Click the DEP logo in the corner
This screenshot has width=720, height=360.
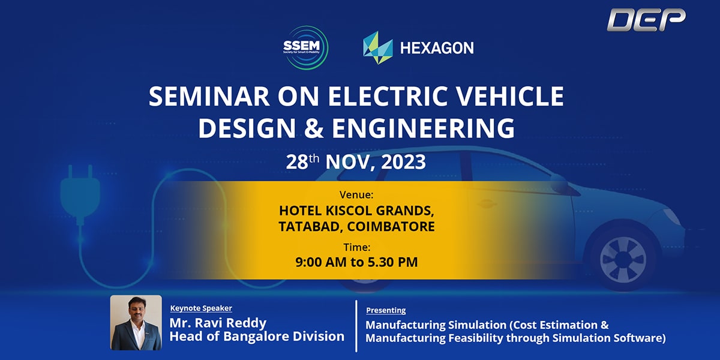(646, 20)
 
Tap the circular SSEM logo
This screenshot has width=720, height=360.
(305, 47)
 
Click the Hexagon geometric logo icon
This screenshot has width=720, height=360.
(377, 47)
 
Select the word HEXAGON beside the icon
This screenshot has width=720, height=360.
(437, 48)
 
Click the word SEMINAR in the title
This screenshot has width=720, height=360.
(209, 96)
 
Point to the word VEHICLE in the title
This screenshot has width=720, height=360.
(511, 96)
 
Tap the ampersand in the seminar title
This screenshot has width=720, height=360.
(314, 128)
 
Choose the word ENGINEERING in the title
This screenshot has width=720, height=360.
(424, 128)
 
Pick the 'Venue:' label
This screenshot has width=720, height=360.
(356, 194)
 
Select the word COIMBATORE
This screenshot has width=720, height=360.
(391, 226)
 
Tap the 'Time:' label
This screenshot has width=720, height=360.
(357, 247)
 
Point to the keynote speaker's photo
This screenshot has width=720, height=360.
(136, 323)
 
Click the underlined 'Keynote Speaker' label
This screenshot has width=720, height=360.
(201, 308)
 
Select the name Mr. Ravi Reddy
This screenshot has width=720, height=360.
(218, 323)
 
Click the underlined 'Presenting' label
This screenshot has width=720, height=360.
(386, 310)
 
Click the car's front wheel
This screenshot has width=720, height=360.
(623, 259)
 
